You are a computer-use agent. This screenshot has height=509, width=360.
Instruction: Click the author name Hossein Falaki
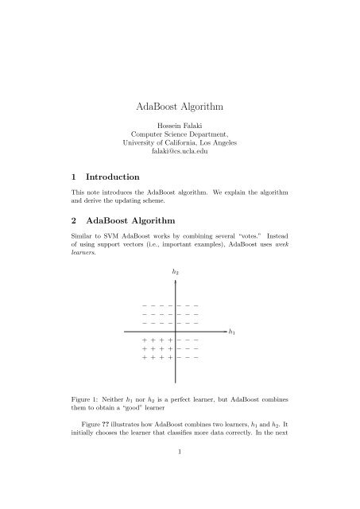180,126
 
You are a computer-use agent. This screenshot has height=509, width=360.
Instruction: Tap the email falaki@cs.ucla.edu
180,152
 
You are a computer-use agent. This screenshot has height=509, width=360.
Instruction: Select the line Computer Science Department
180,135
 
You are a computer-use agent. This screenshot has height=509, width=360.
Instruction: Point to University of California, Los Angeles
180,143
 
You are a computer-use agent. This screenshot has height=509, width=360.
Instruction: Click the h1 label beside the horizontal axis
232,331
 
